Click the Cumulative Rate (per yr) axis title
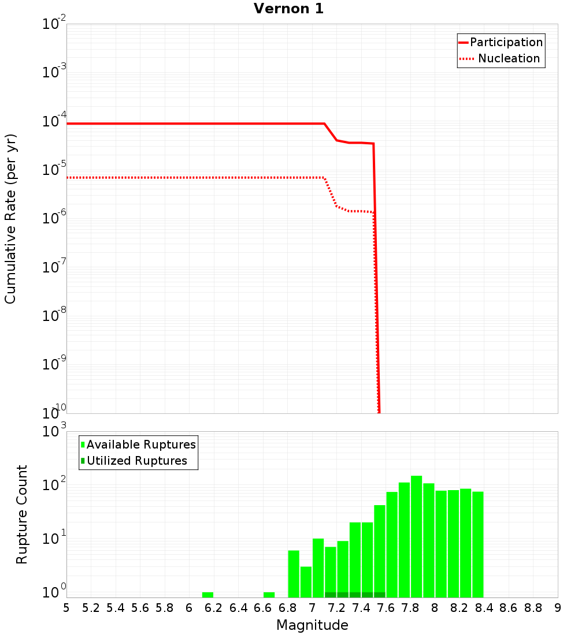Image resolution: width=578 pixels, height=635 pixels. tap(10, 219)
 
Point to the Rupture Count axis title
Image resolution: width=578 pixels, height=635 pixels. tap(22, 514)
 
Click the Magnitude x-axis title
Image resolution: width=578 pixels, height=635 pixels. tap(312, 625)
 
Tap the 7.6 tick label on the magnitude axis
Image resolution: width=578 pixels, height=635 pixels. tap(386, 607)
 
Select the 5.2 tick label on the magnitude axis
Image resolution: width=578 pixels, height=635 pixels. tap(91, 607)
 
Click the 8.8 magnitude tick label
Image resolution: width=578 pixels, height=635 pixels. tap(533, 607)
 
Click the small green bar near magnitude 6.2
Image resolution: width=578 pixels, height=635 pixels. tap(208, 595)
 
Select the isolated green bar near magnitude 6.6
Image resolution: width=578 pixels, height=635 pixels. tap(269, 595)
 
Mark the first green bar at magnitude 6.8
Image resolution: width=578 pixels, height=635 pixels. tap(294, 574)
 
